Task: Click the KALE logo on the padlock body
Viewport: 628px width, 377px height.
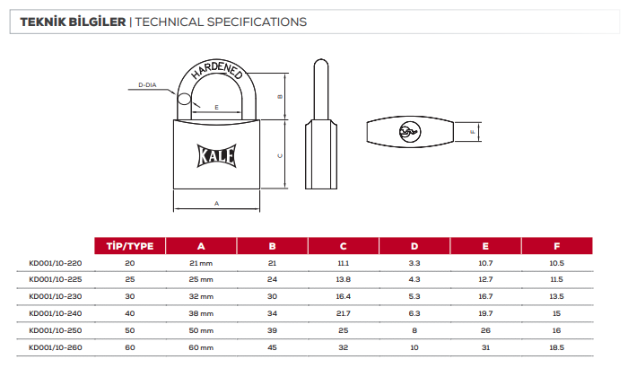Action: [217, 155]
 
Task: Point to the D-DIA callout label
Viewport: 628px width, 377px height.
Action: [147, 85]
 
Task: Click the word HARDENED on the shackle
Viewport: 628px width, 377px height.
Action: [217, 70]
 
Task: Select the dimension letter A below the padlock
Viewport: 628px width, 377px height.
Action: [217, 204]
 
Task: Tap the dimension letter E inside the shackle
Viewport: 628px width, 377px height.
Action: [217, 108]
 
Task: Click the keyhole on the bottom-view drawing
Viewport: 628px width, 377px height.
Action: [410, 131]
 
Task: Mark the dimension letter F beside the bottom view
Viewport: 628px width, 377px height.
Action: [472, 132]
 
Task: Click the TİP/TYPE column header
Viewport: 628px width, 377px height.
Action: [130, 246]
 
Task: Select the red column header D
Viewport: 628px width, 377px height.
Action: [414, 246]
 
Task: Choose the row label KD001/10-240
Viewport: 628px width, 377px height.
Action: [56, 313]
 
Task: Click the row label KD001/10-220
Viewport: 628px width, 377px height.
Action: [56, 263]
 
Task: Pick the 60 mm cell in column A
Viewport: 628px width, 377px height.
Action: [201, 347]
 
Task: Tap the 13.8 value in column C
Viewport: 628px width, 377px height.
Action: [344, 279]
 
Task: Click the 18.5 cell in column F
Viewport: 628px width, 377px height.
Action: [557, 347]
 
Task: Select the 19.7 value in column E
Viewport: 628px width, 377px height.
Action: [485, 313]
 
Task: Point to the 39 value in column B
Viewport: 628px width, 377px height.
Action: [272, 330]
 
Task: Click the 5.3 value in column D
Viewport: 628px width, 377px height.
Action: [414, 296]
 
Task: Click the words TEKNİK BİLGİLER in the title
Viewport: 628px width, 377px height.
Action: [73, 22]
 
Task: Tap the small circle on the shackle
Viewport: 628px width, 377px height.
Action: [184, 99]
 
